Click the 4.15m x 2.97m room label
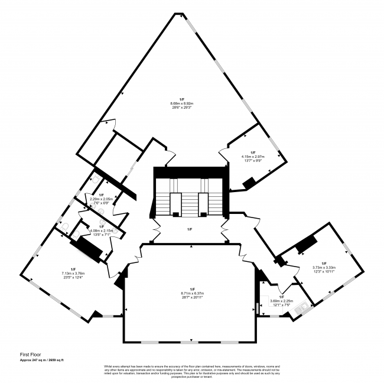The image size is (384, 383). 252,157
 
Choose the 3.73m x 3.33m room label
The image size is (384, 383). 323,267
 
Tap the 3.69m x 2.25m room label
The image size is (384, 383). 281,301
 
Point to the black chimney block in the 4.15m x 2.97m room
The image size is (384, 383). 249,183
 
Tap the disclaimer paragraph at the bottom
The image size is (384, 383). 191,371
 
